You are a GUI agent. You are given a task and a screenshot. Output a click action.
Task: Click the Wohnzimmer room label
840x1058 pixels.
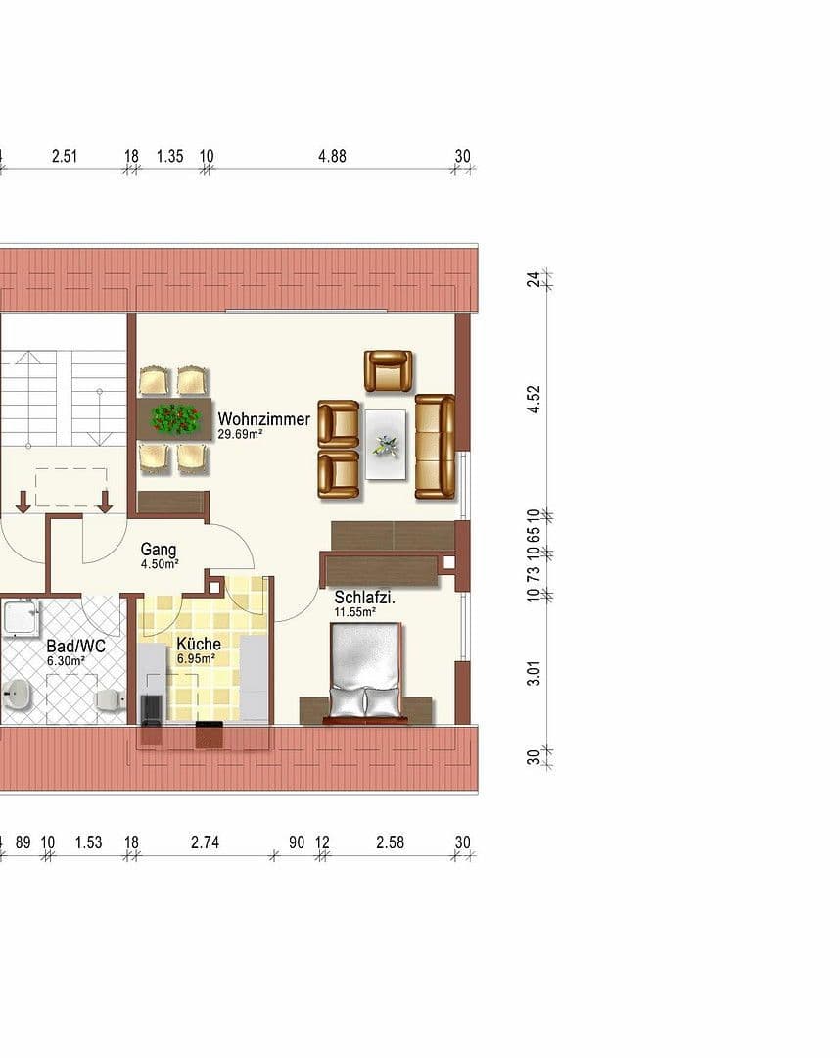pos(263,419)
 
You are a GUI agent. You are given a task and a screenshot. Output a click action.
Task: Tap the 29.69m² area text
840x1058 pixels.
pos(241,434)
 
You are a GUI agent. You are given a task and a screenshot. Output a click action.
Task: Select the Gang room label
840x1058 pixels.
pos(158,550)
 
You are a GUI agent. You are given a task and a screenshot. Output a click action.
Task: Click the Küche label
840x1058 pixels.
pos(198,644)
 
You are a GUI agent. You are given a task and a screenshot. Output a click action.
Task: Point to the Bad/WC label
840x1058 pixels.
pos(75,647)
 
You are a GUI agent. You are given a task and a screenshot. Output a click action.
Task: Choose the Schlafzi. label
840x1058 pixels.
pos(364,598)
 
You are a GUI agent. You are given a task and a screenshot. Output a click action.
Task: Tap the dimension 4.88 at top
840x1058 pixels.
pos(332,156)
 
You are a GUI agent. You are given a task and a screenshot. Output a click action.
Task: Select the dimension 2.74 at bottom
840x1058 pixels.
pos(208,842)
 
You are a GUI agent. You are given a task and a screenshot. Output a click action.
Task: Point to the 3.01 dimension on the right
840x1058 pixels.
pos(534,674)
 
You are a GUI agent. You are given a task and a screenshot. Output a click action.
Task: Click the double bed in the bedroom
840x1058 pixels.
pos(365,672)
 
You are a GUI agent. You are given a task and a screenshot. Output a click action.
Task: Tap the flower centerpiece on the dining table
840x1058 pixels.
pos(175,418)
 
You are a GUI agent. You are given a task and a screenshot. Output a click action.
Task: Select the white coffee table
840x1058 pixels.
pos(386,443)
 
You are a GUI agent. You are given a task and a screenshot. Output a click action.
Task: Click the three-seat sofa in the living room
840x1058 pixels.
pos(435,446)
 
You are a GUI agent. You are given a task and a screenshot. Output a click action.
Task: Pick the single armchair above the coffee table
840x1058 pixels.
pos(388,370)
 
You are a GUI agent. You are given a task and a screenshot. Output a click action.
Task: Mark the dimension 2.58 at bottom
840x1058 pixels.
pos(390,842)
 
